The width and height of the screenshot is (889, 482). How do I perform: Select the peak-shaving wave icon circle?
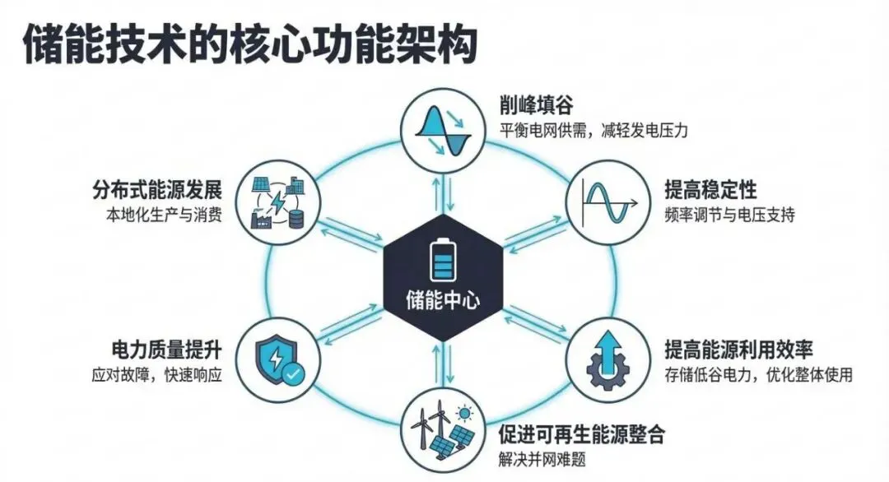pos(443,129)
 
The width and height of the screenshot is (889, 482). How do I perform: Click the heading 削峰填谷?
pos(535,106)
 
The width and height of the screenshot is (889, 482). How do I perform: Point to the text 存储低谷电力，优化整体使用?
pos(758,375)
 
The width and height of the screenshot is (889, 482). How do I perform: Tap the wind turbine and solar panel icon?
pos(442,431)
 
